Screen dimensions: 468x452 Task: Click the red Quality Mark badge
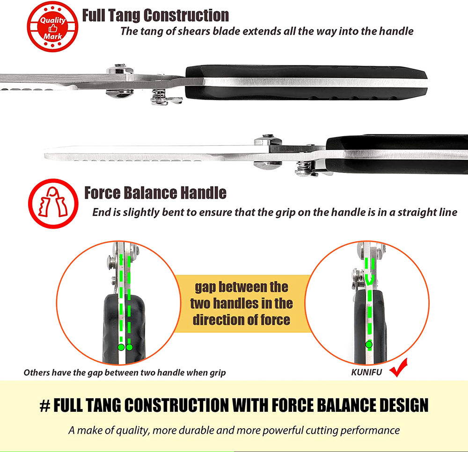pyautogui.click(x=52, y=27)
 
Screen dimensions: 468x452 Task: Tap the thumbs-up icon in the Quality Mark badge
pyautogui.click(x=53, y=29)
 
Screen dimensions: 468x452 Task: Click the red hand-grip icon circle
pyautogui.click(x=53, y=204)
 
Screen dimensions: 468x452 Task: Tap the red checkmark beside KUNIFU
pyautogui.click(x=398, y=367)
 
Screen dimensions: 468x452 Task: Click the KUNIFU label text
pyautogui.click(x=366, y=373)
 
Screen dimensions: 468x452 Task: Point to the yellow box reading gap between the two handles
pyautogui.click(x=242, y=303)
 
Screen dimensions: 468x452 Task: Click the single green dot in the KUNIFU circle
pyautogui.click(x=369, y=344)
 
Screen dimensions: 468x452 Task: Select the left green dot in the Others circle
pyautogui.click(x=121, y=347)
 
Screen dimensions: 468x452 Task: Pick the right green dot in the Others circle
pyautogui.click(x=129, y=347)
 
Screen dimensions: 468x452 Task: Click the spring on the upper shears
pyautogui.click(x=158, y=96)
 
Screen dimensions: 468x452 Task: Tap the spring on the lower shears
pyautogui.click(x=302, y=167)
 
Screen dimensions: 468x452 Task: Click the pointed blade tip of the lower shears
pyautogui.click(x=45, y=155)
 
